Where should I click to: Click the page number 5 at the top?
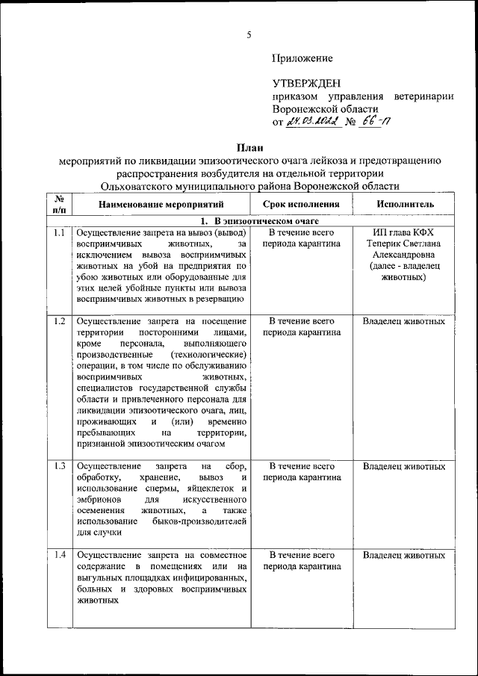point(249,34)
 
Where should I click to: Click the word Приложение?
point(302,58)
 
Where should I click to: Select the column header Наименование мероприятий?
point(160,204)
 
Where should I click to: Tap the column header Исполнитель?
point(405,204)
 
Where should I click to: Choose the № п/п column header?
point(59,204)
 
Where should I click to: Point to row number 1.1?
point(60,233)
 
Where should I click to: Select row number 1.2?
point(60,322)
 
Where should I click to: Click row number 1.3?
point(60,467)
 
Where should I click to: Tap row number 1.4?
point(60,555)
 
